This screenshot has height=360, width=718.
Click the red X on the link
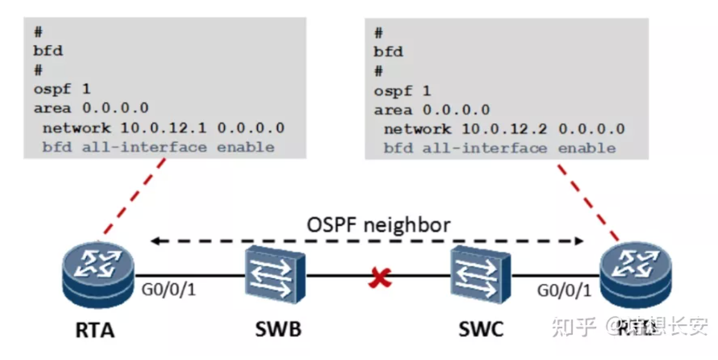380,278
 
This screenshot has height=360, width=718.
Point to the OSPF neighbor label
378,225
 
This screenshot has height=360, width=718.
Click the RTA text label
95,331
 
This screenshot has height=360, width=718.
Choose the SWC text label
481,329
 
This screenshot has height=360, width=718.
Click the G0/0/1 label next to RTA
169,289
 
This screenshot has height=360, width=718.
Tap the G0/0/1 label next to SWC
564,289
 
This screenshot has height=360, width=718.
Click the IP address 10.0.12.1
164,128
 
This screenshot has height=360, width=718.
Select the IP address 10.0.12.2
505,129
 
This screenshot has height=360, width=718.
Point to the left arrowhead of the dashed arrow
155,242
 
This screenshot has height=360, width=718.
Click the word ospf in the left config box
52,89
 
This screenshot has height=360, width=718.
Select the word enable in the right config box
586,148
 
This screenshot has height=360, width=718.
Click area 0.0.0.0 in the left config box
91,108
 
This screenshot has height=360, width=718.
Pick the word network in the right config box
417,129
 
